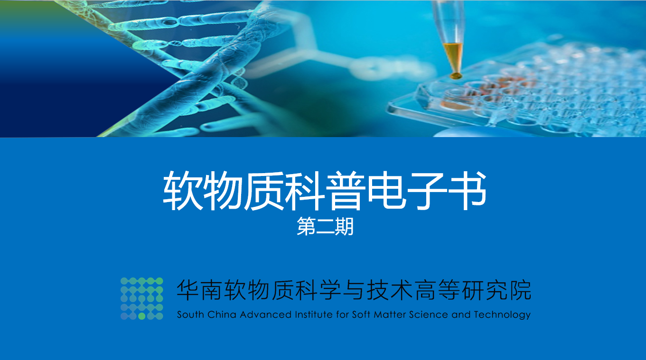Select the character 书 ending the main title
point(467,191)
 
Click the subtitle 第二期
point(325,227)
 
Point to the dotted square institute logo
point(141,299)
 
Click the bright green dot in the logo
point(141,316)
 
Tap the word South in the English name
point(191,314)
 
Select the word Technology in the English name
point(502,315)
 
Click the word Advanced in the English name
point(266,314)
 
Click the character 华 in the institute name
point(187,290)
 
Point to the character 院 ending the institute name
point(521,290)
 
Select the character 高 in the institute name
point(425,290)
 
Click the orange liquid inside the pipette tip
point(453,56)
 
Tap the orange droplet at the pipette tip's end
point(456,76)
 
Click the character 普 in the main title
point(346,191)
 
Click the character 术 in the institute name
point(402,290)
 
